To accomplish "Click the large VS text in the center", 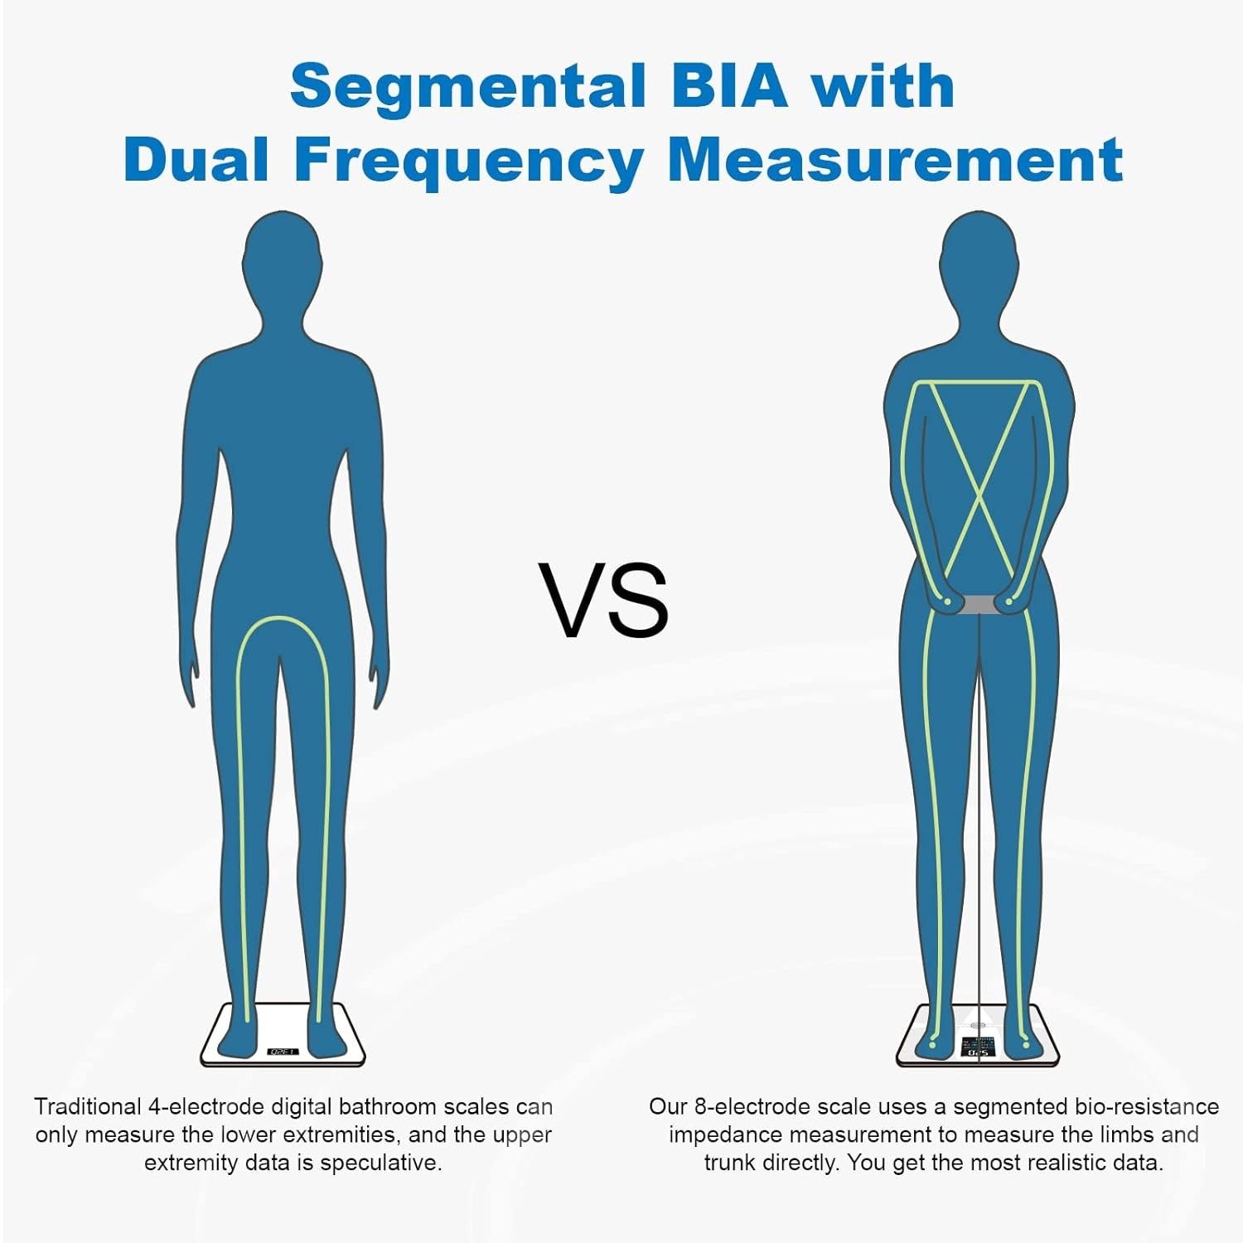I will [603, 600].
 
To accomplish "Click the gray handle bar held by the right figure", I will [979, 604].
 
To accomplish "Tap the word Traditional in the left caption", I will [88, 1107].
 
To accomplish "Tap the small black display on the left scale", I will [283, 1052].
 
